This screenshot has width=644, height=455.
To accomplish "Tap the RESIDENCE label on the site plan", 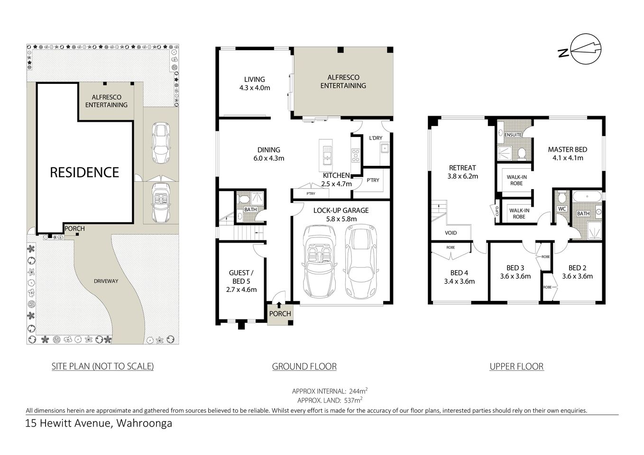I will [x=84, y=172].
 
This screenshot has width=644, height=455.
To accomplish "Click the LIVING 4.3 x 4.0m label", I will [x=255, y=83].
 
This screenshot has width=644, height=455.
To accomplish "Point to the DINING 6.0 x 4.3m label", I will [x=269, y=154].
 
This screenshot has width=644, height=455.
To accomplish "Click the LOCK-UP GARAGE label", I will [x=340, y=215].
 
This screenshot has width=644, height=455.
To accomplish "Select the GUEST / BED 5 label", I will [x=242, y=281].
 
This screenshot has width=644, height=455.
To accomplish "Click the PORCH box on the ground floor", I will [x=280, y=314].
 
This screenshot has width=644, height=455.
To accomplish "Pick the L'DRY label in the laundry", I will [x=375, y=138].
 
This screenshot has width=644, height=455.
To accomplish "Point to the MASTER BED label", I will [x=568, y=154].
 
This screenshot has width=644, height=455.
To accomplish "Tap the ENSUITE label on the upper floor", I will [x=513, y=135].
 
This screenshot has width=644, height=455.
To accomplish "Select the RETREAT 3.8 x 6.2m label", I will [x=462, y=172].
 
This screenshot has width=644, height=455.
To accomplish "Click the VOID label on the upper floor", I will [x=451, y=233].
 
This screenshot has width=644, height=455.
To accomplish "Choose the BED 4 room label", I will [x=459, y=277].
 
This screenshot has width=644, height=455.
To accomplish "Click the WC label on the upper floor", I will [x=562, y=209].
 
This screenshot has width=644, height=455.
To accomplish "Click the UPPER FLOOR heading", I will [x=516, y=366].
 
